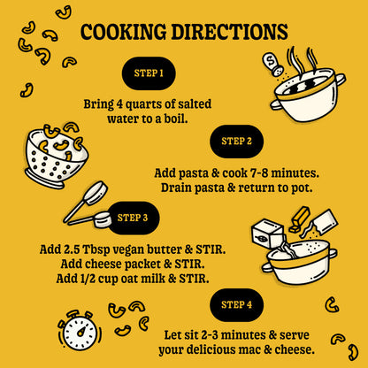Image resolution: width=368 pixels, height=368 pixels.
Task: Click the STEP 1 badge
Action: click(149, 73)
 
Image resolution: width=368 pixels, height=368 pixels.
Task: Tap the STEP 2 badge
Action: click(236, 142)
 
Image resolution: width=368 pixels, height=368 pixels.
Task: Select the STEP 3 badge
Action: click(133, 218)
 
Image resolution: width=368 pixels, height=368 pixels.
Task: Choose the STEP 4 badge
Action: click(236, 304)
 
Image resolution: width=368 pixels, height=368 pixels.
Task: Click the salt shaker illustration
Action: click(272, 64)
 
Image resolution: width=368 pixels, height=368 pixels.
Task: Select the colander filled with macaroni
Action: click(56, 155)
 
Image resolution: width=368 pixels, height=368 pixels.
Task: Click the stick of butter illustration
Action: click(300, 218)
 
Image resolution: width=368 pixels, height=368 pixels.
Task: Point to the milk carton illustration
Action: click(267, 233)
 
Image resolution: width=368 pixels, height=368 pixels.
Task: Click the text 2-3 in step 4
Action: click(208, 335)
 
